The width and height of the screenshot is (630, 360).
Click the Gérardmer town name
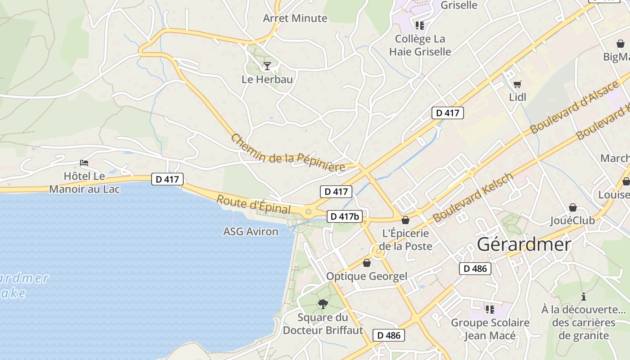pyautogui.click(x=524, y=244)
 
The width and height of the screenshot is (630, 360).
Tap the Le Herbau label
pyautogui.click(x=267, y=80)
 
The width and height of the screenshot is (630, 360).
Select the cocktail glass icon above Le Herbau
pyautogui.click(x=267, y=67)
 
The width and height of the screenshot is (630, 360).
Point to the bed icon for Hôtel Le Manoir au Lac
pyautogui.click(x=84, y=163)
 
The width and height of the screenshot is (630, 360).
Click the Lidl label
pyautogui.click(x=517, y=97)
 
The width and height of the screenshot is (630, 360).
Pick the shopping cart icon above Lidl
pyautogui.click(x=517, y=84)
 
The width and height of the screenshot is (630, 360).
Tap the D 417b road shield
pyautogui.click(x=345, y=216)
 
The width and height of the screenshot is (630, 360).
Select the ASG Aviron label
pyautogui.click(x=251, y=232)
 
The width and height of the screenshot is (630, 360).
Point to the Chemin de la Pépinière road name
pyautogui.click(x=288, y=153)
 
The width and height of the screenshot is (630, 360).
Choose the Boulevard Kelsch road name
pyautogui.click(x=473, y=198)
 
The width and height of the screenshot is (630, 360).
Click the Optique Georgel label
pyautogui.click(x=367, y=276)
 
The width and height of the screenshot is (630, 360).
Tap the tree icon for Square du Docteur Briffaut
pyautogui.click(x=323, y=304)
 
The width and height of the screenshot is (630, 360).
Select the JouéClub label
pyautogui.click(x=572, y=220)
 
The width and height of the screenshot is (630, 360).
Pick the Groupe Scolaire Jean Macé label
pyautogui.click(x=490, y=329)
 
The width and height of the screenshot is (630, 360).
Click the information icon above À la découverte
pyautogui.click(x=584, y=297)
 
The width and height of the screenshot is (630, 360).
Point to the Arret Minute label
pyautogui.click(x=295, y=18)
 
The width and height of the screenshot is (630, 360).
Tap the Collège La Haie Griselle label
pyautogui.click(x=420, y=45)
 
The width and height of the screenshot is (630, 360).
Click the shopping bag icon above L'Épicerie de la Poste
pyautogui.click(x=405, y=220)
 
